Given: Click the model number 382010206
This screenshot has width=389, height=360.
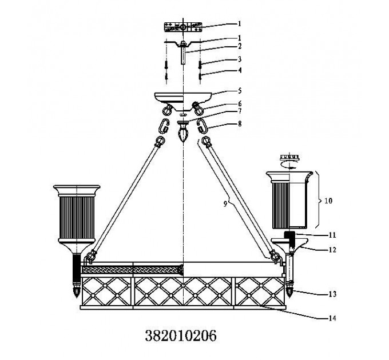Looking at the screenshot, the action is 181,336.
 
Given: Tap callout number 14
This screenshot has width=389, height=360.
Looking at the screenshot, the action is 332,318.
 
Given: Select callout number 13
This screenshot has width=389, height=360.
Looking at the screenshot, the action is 332,294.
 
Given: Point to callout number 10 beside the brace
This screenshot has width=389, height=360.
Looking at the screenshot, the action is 328,201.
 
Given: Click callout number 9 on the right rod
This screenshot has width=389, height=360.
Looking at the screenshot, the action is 225,203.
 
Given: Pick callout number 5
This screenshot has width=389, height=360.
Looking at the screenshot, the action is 239,91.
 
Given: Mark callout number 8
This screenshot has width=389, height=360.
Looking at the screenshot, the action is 239,123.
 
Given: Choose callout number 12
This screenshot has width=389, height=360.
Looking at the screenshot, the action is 332,250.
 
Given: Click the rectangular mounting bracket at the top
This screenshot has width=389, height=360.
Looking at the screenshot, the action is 183,27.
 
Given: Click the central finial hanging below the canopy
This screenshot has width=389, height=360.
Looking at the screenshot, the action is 183,131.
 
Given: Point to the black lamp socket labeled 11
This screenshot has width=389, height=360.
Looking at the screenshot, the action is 289,238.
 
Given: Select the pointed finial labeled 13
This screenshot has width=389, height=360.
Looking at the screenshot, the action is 289,290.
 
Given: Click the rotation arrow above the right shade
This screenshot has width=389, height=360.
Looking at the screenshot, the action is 289,165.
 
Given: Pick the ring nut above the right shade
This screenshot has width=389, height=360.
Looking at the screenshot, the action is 289,157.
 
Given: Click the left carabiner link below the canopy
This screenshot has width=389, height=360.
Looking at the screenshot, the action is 164,126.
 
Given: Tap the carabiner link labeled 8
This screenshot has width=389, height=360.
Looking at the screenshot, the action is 203,126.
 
